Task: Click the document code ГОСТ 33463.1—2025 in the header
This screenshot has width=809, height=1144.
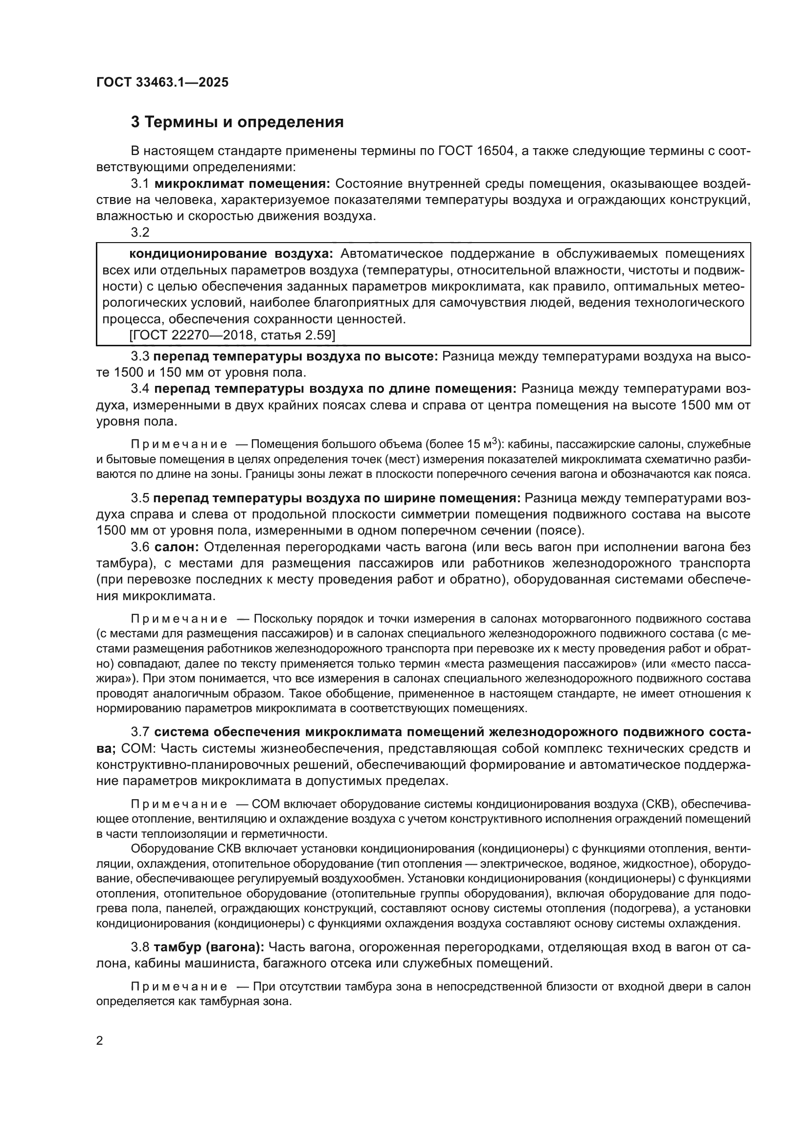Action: tap(162, 82)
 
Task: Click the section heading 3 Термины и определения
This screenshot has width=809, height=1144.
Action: tap(237, 122)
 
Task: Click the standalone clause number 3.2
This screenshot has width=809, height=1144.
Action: tap(140, 232)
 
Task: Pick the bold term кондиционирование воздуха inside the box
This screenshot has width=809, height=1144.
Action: tap(231, 254)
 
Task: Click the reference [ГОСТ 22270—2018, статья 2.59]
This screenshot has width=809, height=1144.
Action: tap(232, 336)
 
